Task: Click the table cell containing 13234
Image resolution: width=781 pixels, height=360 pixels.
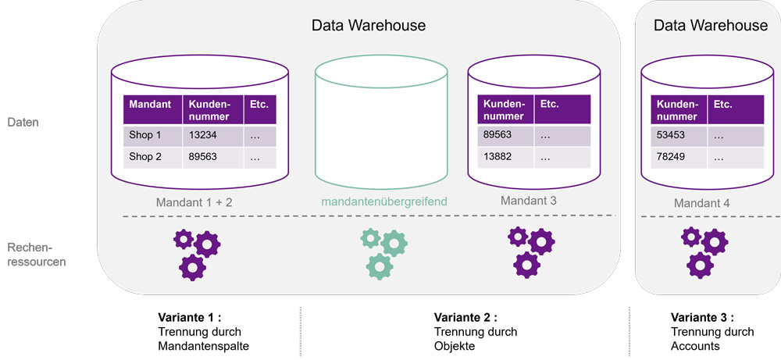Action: [211, 135]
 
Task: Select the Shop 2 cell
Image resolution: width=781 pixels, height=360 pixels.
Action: [152, 156]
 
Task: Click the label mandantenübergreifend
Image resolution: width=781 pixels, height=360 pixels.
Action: [384, 201]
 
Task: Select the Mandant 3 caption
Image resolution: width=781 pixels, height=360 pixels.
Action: [529, 201]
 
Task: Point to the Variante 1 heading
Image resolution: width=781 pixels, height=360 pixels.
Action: [190, 318]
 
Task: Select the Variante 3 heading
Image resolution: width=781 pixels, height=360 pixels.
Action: [702, 318]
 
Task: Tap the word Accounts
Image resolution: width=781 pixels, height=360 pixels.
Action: [695, 346]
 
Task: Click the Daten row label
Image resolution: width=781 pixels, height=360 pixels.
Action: [23, 123]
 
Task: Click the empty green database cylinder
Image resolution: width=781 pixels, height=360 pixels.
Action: [381, 125]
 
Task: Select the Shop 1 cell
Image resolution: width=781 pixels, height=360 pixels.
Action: [152, 135]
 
